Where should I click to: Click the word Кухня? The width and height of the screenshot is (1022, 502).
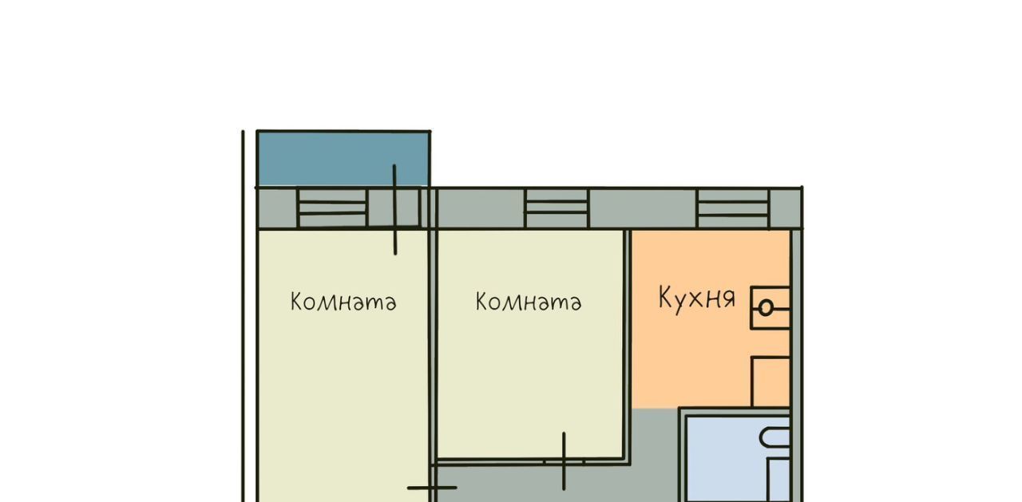click(x=697, y=299)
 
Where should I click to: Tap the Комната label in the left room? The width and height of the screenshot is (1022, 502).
click(x=343, y=302)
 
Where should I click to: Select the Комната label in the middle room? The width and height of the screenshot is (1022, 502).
click(x=529, y=302)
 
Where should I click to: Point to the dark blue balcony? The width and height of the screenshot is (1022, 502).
click(x=343, y=159)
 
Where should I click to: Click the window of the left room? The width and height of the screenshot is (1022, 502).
click(x=332, y=208)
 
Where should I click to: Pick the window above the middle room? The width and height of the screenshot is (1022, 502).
click(x=557, y=208)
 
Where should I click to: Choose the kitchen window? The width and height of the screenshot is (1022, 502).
click(x=733, y=208)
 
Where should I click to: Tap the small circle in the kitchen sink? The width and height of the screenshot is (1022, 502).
click(x=766, y=308)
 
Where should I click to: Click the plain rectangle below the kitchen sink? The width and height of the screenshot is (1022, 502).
click(x=771, y=382)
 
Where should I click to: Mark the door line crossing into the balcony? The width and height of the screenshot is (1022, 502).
click(x=394, y=210)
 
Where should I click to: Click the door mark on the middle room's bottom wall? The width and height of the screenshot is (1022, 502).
click(x=564, y=461)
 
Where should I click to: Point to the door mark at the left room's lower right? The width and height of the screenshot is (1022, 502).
click(x=432, y=488)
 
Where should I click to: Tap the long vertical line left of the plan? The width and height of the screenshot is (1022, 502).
click(x=243, y=316)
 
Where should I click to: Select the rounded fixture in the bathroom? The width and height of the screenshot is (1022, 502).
click(x=774, y=438)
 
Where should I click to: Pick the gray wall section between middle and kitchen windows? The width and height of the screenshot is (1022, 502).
click(x=644, y=208)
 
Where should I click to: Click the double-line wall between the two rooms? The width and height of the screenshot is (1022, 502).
click(x=433, y=346)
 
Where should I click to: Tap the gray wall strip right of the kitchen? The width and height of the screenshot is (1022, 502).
click(x=797, y=365)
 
